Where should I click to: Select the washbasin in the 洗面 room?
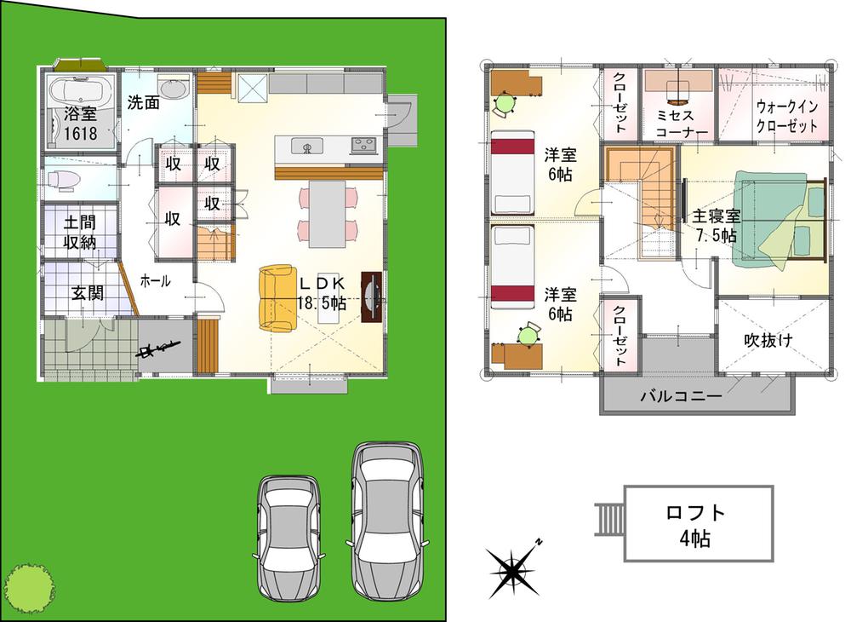tap(174, 89)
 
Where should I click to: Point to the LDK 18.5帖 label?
tap(321, 292)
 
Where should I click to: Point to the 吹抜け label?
tap(768, 340)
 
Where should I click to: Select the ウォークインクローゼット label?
tap(787, 116)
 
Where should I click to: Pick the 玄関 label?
tap(87, 294)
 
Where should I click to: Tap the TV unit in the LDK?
tap(372, 297)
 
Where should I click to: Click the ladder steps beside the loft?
tap(608, 519)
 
